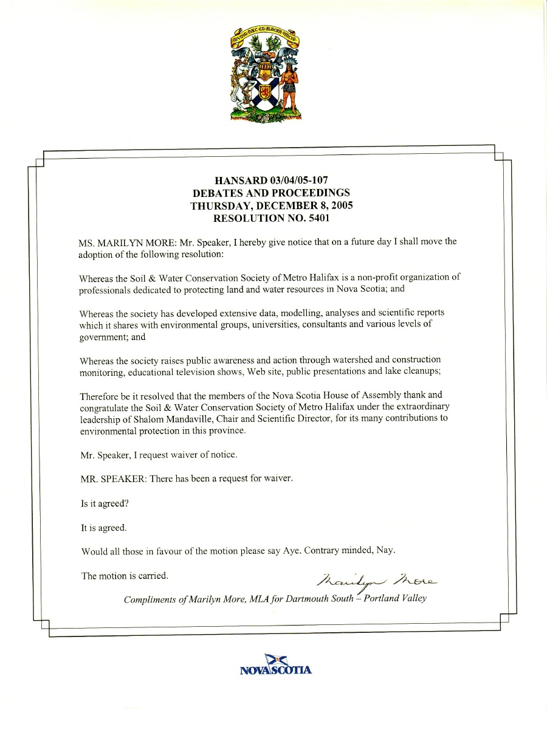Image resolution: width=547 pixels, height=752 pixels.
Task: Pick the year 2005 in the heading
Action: click(x=341, y=205)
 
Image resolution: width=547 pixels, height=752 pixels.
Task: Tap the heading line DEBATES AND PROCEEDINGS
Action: click(x=271, y=192)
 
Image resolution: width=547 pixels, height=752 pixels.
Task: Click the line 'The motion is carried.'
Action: click(x=125, y=575)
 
